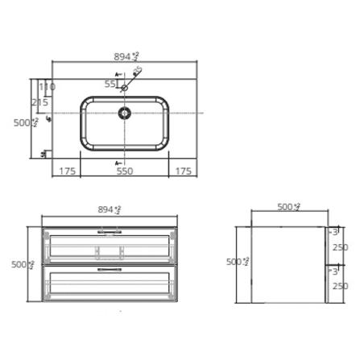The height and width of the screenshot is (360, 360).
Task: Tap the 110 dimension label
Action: click(x=47, y=87)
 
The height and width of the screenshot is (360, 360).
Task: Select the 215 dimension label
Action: click(x=40, y=102)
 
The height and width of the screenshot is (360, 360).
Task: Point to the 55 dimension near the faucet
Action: click(x=110, y=84)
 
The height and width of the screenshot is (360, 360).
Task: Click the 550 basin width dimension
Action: click(x=124, y=171)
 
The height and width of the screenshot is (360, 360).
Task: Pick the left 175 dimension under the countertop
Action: click(x=68, y=171)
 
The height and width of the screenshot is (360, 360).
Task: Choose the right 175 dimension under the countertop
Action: click(x=183, y=171)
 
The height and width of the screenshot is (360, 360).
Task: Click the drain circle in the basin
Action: click(x=125, y=114)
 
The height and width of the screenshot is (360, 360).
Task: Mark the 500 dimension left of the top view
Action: click(x=25, y=122)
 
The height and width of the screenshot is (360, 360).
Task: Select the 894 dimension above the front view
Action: click(x=109, y=209)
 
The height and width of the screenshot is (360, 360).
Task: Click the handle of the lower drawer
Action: click(x=109, y=271)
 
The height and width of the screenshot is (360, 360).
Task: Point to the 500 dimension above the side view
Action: click(x=288, y=207)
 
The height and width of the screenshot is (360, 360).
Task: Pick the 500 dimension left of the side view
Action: click(x=237, y=262)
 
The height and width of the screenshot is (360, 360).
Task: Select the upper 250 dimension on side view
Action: click(x=340, y=247)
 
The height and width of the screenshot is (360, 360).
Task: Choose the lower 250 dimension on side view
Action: click(x=340, y=286)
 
